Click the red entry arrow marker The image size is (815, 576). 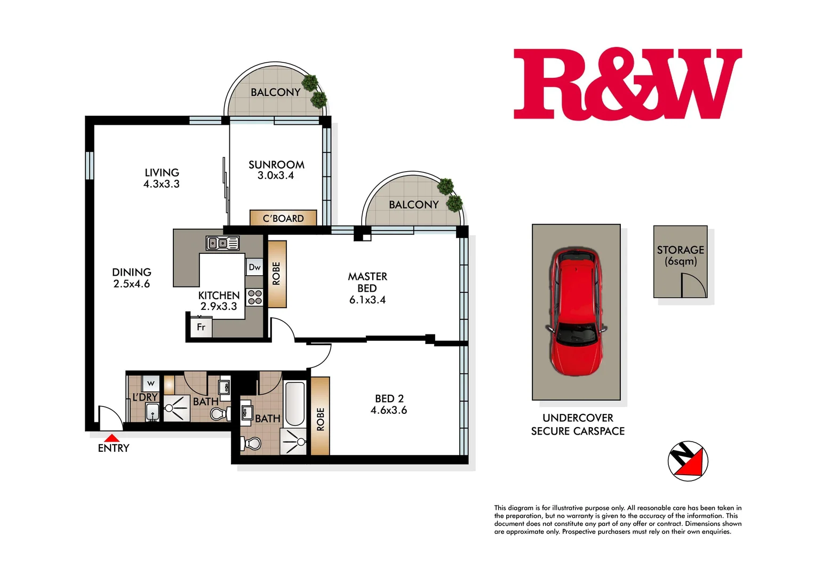pos(111,437)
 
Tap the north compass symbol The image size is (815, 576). pos(688,461)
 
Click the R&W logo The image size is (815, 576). pos(627,84)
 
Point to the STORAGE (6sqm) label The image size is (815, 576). pos(680,255)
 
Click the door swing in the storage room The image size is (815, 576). pos(693,285)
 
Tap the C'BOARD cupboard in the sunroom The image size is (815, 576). pos(283,218)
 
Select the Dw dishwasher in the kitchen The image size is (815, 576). pos(254,267)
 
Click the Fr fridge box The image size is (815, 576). pos(201,327)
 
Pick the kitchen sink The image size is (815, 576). pos(222,243)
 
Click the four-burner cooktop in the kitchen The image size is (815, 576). pos(254,297)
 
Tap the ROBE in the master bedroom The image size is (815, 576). pos(276,274)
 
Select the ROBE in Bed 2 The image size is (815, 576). pos(320,417)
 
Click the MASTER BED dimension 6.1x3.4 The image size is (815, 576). pos(367,300)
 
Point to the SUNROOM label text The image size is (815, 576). pos(276,165)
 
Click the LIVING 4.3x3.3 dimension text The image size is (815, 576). pos(162,184)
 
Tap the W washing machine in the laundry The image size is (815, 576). pos(150,383)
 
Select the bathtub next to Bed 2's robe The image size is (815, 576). pos(294,404)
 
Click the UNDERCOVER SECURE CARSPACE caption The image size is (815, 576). pos(578,425)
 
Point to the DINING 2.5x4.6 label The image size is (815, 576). pos(132,278)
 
